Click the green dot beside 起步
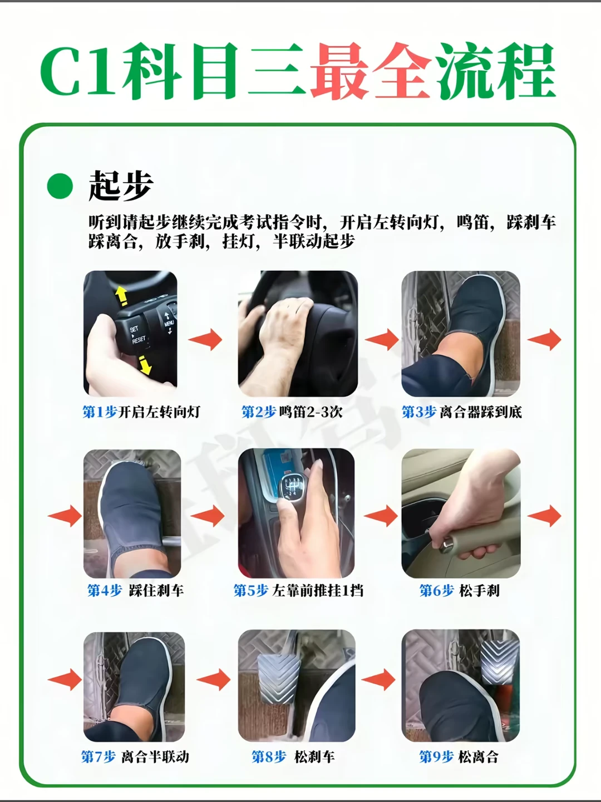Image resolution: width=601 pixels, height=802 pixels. pyautogui.click(x=60, y=186)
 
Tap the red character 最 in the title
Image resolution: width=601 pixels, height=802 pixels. pyautogui.click(x=339, y=71)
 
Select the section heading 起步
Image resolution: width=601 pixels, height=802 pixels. pyautogui.click(x=120, y=185)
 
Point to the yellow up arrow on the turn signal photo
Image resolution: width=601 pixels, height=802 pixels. pyautogui.click(x=121, y=296)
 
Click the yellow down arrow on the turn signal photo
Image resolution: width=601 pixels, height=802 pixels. pyautogui.click(x=145, y=365)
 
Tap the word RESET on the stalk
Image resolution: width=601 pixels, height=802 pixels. pyautogui.click(x=139, y=340)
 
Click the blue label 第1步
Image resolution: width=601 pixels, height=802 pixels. pyautogui.click(x=99, y=412)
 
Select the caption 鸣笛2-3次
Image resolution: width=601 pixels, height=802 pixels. pyautogui.click(x=311, y=412)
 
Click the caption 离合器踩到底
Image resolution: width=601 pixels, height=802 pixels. pyautogui.click(x=481, y=412)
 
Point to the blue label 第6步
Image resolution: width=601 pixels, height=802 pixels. pyautogui.click(x=436, y=591)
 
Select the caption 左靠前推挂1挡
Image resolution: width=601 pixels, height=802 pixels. pyautogui.click(x=317, y=591)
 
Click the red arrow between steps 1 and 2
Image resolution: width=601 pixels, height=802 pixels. pyautogui.click(x=205, y=339)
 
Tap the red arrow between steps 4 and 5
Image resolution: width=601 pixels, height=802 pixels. pyautogui.click(x=207, y=516)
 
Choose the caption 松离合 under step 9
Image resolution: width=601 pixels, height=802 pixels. pyautogui.click(x=479, y=757)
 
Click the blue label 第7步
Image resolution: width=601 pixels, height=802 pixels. pyautogui.click(x=98, y=757)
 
